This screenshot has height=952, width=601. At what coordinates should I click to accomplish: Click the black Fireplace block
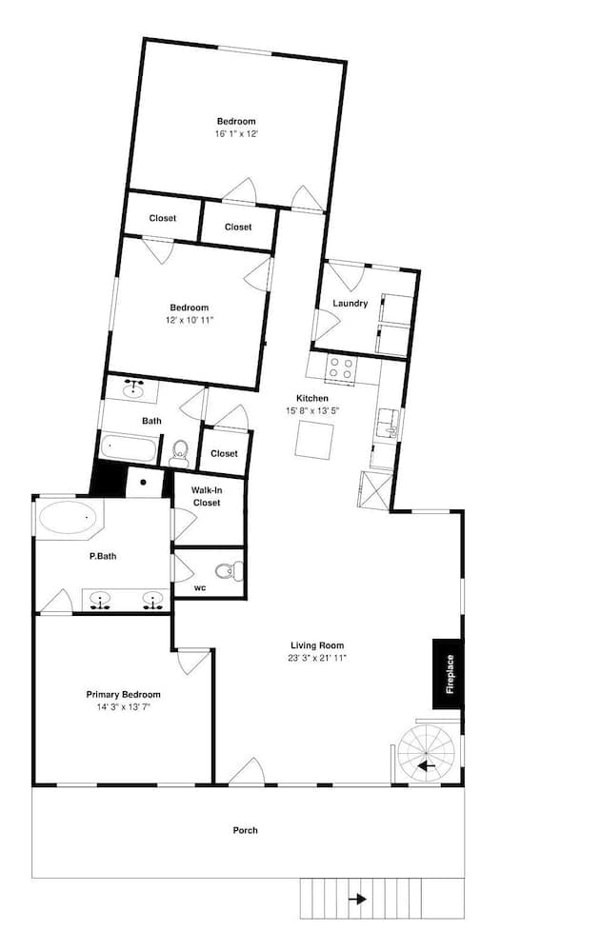click(x=449, y=674)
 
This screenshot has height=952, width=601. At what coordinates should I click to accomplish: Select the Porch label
click(x=246, y=830)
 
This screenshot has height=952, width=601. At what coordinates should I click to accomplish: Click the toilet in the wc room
click(x=227, y=571)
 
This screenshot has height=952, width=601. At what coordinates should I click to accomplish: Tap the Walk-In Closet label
click(x=207, y=496)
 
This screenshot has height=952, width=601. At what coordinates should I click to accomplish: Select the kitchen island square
click(x=314, y=440)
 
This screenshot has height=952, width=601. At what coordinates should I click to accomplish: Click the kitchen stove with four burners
click(x=340, y=368)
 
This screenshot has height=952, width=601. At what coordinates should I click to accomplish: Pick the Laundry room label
click(x=351, y=304)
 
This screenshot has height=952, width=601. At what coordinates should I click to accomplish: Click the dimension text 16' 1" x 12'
click(x=236, y=134)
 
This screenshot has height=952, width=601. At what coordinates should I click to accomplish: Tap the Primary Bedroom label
click(x=123, y=695)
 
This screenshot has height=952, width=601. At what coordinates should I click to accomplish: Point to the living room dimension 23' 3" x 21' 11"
click(x=317, y=658)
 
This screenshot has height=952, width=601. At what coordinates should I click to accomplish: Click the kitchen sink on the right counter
click(x=388, y=420)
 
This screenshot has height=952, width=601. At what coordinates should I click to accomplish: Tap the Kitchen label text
click(x=312, y=398)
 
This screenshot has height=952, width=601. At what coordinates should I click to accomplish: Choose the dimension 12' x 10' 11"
click(x=189, y=320)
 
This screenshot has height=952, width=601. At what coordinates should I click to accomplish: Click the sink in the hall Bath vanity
click(x=134, y=388)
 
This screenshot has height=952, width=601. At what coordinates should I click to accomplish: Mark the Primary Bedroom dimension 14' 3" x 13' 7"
click(x=123, y=707)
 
